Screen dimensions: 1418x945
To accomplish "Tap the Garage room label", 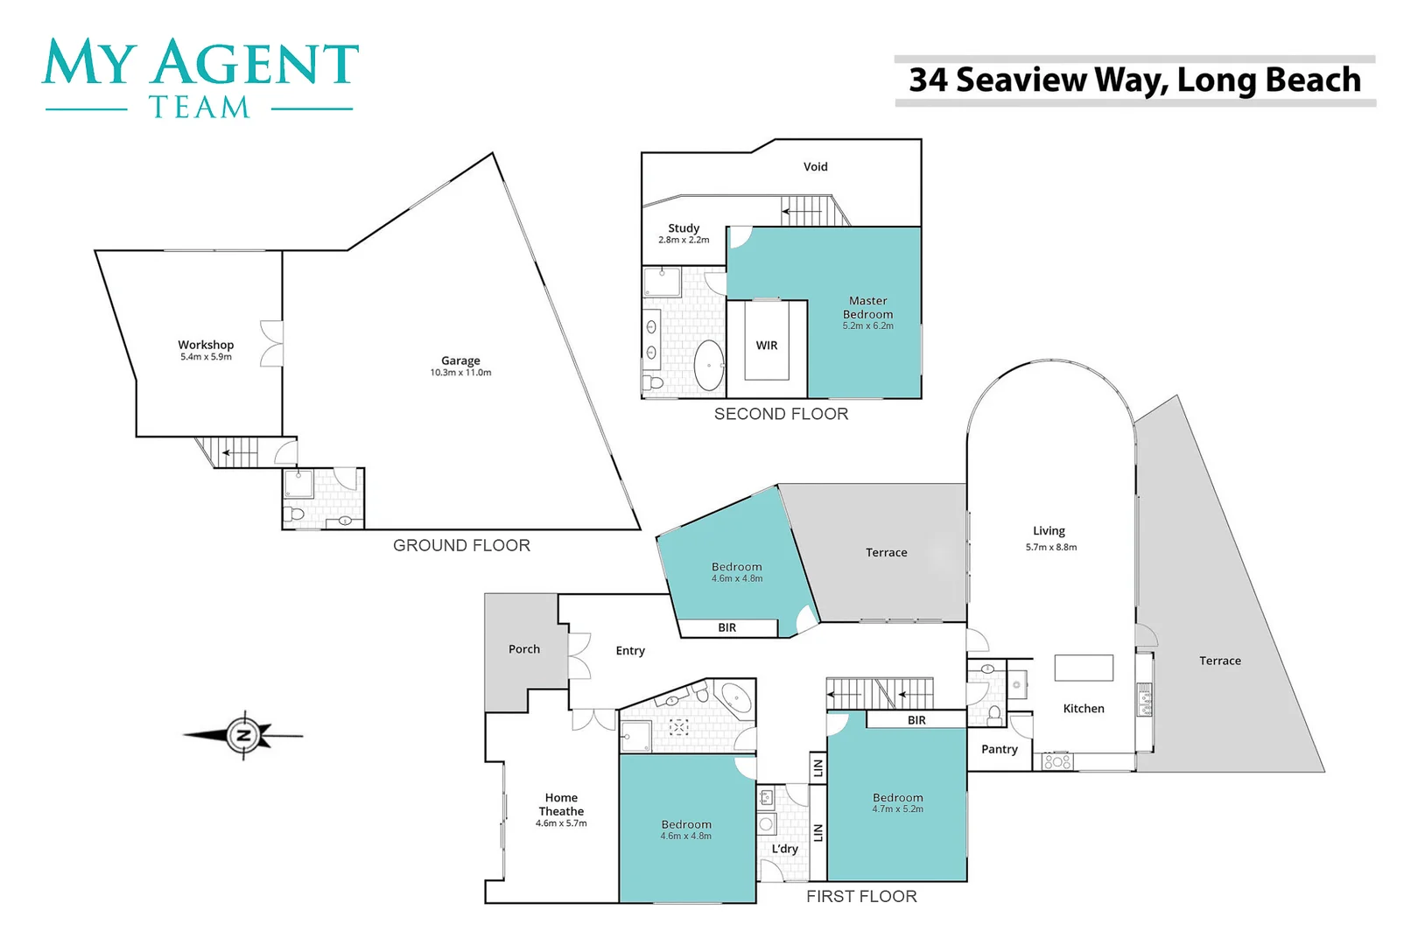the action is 460,360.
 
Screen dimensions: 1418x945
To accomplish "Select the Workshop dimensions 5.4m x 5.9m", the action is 206,357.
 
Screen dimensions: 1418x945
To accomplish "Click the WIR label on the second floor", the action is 767,346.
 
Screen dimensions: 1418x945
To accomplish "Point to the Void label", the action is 815,166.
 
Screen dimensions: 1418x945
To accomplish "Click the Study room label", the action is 684,227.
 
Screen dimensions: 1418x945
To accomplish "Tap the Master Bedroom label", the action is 867,307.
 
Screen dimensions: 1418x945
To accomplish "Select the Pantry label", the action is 999,749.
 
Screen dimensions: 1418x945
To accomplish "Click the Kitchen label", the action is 1084,709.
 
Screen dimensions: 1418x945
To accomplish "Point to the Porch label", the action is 524,649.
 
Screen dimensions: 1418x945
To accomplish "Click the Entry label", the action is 630,651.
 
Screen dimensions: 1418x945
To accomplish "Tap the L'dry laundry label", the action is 784,849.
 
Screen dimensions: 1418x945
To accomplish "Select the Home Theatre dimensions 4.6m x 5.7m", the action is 561,823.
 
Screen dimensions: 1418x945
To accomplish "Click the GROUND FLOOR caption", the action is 461,545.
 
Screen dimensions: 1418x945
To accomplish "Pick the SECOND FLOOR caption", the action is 781,414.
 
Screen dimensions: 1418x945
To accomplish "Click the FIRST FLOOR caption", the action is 861,896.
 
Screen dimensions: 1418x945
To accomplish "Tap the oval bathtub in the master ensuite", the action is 709,365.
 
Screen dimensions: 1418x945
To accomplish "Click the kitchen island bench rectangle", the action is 1084,668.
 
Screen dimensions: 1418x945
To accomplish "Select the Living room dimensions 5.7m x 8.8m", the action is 1051,547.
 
